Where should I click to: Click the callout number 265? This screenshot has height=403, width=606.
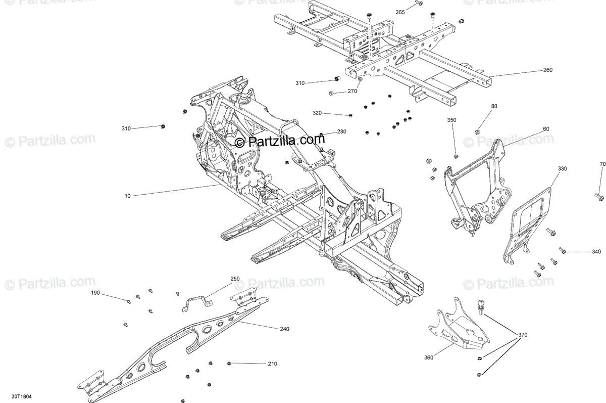(x=400, y=12)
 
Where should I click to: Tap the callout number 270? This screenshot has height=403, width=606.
(x=352, y=92)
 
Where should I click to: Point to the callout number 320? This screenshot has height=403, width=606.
(x=317, y=113)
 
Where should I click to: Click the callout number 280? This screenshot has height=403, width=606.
(x=342, y=132)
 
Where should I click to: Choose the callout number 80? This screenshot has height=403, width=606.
(x=494, y=106)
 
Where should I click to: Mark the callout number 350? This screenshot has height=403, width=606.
(x=451, y=120)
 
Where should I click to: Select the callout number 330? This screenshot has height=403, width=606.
(x=562, y=168)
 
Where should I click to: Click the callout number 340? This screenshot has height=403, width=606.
(x=596, y=251)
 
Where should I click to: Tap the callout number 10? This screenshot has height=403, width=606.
(x=127, y=195)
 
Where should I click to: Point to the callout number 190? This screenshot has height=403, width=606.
(x=95, y=293)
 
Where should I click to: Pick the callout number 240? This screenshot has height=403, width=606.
(x=284, y=329)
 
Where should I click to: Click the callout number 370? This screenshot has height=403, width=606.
(x=523, y=334)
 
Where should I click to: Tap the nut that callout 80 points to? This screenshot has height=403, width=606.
(x=478, y=132)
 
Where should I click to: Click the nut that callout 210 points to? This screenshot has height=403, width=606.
(x=230, y=363)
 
